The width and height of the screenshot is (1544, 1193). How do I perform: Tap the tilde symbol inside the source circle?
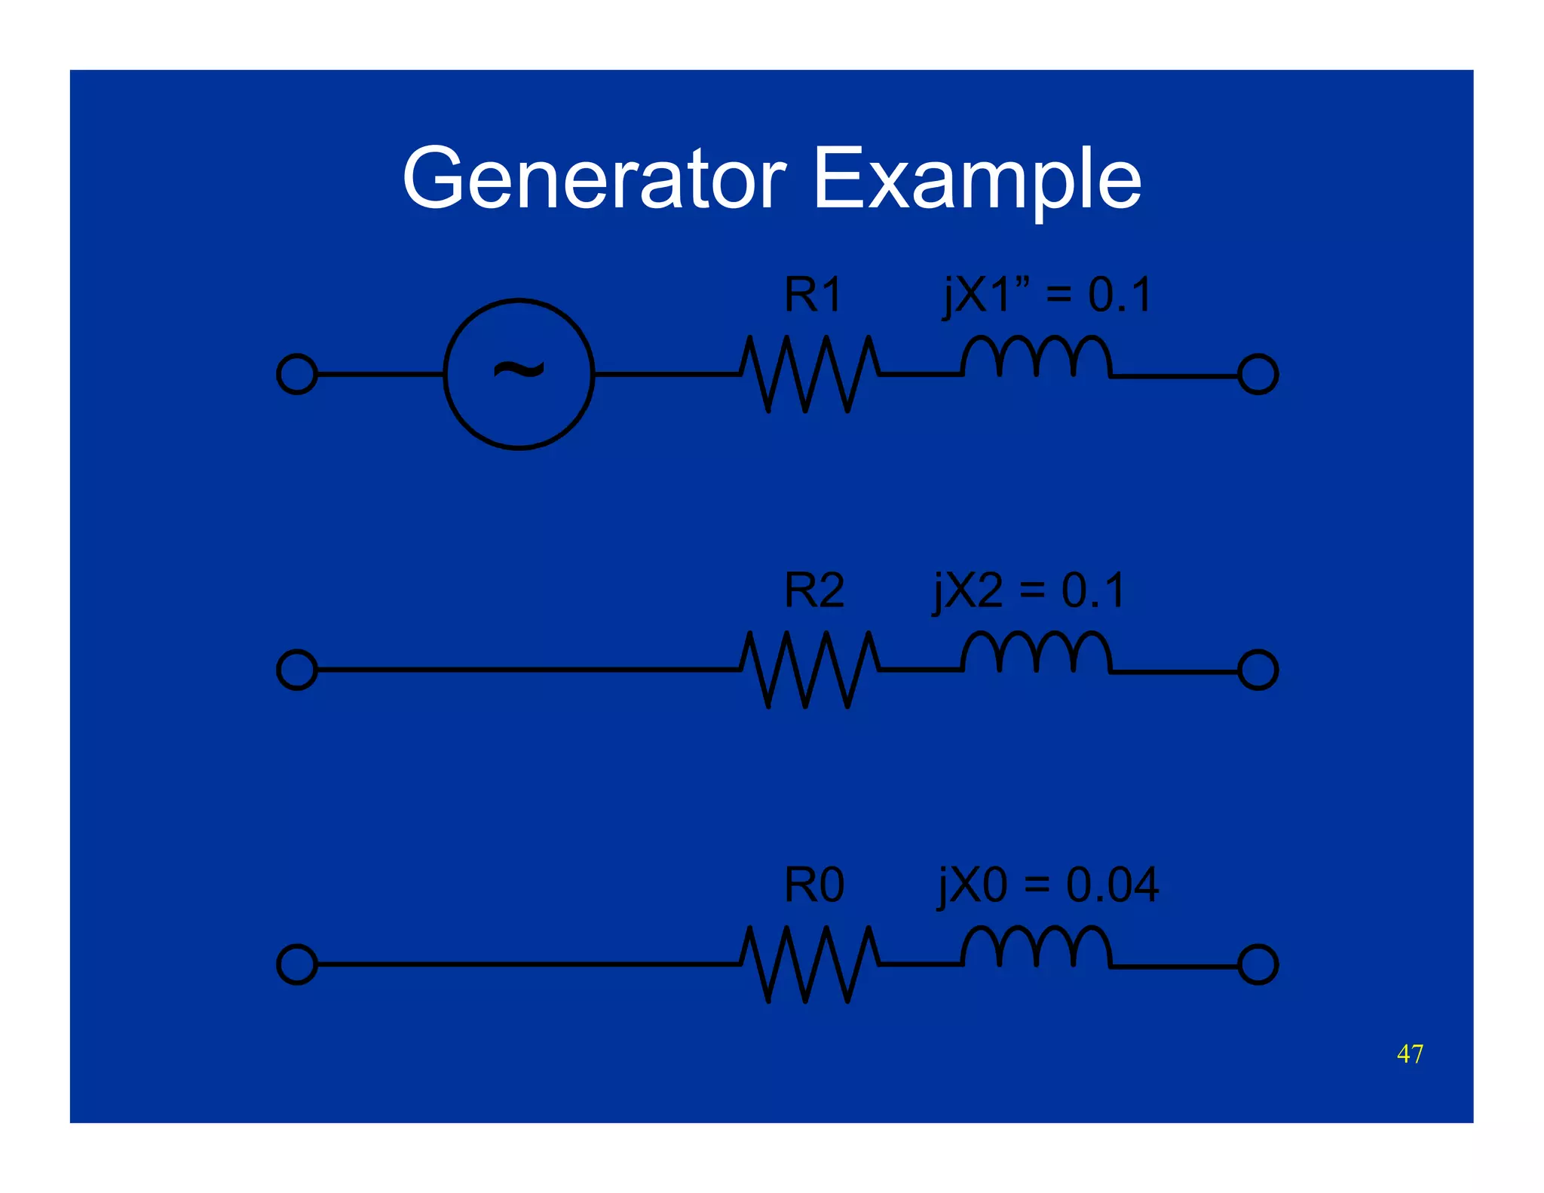click(519, 371)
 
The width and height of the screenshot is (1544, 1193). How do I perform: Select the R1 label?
click(812, 295)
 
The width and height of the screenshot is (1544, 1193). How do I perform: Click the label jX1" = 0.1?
click(1047, 295)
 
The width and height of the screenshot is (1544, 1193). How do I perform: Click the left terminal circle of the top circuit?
click(297, 374)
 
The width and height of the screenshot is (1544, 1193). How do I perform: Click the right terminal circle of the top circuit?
click(1258, 375)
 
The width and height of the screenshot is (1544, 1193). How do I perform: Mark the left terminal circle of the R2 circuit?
click(297, 670)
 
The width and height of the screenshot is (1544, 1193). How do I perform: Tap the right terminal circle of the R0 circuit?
click(1258, 965)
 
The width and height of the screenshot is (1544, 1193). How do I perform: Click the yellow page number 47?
click(1409, 1053)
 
